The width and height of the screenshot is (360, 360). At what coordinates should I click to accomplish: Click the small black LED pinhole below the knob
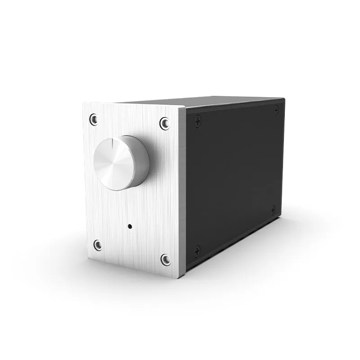click(130, 226)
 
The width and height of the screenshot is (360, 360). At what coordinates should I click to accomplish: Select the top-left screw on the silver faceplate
click(93, 119)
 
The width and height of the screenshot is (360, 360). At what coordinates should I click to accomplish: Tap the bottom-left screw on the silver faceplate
click(97, 245)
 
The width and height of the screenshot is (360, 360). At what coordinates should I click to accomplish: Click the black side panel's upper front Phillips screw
click(197, 119)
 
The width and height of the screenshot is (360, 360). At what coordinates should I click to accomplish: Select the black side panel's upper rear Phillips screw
click(276, 108)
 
